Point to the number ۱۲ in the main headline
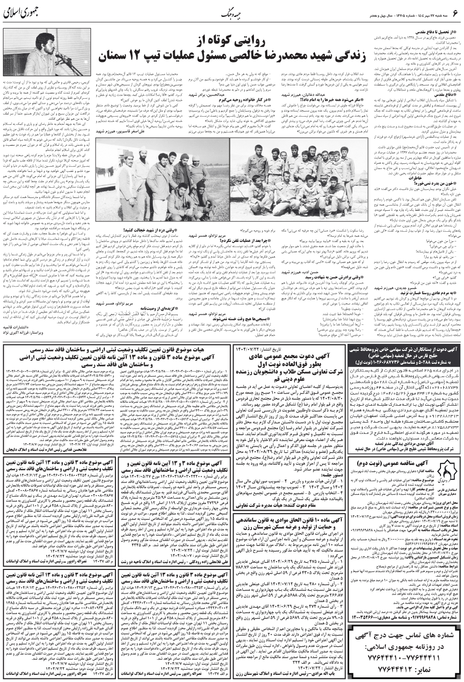coord(143,55)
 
